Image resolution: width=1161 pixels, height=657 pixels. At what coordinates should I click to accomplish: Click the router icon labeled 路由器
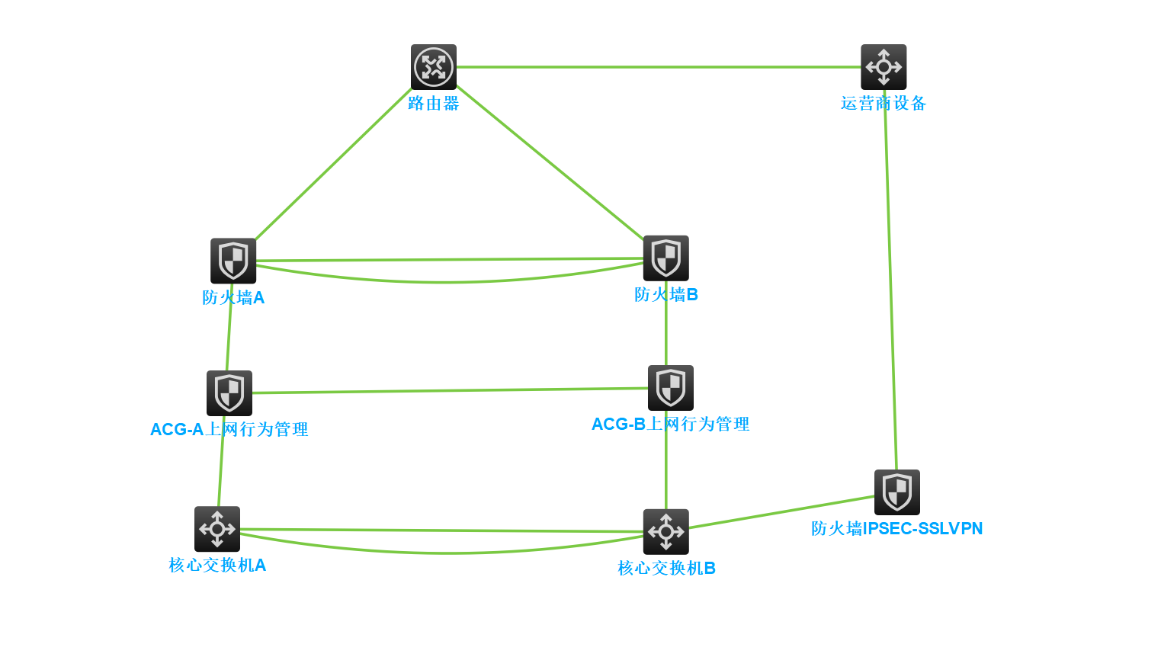click(x=434, y=67)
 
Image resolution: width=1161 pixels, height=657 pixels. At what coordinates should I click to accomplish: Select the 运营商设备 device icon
click(x=884, y=67)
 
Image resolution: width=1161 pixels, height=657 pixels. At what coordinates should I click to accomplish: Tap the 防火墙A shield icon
click(x=233, y=261)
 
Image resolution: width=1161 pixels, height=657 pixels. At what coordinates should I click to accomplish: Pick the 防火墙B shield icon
click(x=666, y=258)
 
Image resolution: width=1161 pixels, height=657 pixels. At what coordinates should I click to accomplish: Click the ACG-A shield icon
click(x=229, y=393)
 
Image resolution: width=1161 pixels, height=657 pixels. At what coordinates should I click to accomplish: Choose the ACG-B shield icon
click(x=671, y=388)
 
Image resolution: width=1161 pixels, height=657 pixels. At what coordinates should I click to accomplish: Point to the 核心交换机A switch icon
click(x=217, y=529)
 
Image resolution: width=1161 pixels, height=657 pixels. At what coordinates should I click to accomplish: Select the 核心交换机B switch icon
click(x=666, y=532)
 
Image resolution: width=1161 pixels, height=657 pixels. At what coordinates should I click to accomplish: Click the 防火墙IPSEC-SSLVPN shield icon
click(x=897, y=492)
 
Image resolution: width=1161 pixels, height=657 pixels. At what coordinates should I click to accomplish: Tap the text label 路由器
click(x=434, y=104)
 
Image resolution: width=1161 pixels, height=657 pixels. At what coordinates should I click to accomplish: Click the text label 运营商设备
click(x=884, y=104)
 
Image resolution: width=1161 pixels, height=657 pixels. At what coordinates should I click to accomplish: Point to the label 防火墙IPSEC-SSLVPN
click(x=897, y=529)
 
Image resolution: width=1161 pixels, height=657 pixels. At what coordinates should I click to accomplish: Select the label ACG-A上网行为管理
click(x=229, y=430)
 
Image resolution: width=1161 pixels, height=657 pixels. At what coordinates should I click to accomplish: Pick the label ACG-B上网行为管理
click(x=671, y=425)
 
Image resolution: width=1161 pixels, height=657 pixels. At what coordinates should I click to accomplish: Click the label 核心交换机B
click(x=666, y=569)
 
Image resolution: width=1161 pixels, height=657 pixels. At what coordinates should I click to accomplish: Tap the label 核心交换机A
click(x=217, y=566)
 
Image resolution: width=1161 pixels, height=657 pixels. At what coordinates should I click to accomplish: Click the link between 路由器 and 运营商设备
click(x=659, y=67)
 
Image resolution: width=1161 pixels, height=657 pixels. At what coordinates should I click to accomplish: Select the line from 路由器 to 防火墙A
click(x=333, y=164)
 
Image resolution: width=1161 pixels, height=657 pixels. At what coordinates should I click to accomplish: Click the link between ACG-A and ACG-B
click(x=450, y=391)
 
